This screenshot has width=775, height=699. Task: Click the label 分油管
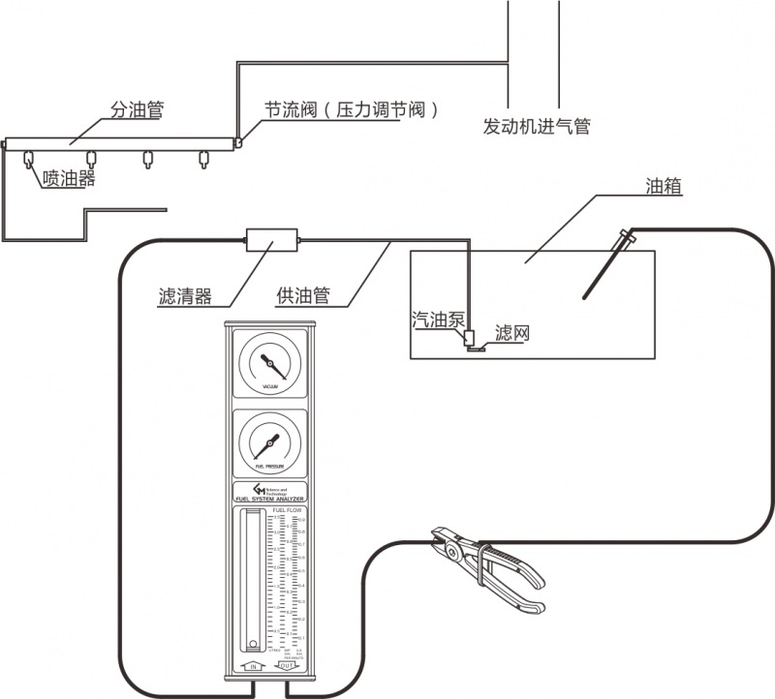click(135, 110)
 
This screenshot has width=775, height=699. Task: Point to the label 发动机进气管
click(537, 126)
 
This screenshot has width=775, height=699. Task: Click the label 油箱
click(664, 186)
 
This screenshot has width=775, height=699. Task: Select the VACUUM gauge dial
click(270, 364)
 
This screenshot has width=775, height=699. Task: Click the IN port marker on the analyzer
click(252, 666)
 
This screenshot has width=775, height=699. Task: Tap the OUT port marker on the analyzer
click(288, 666)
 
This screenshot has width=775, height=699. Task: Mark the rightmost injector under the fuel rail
click(203, 158)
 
